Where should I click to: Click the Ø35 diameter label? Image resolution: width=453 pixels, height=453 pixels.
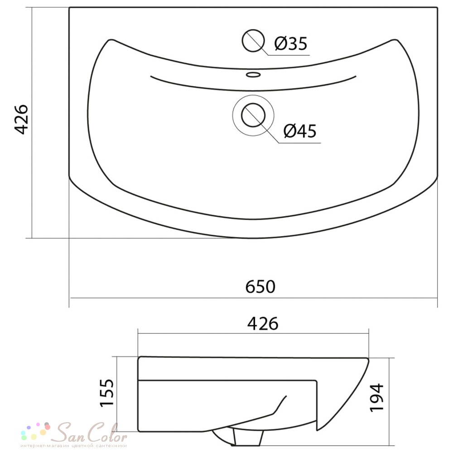pyautogui.click(x=291, y=43)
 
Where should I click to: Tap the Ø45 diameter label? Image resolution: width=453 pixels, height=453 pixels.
pyautogui.click(x=300, y=131)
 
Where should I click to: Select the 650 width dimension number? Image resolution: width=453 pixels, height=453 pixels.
pyautogui.click(x=260, y=287)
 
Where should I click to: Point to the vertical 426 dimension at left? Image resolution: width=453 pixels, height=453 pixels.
pyautogui.click(x=21, y=120)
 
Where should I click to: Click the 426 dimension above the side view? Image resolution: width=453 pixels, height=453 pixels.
pyautogui.click(x=263, y=323)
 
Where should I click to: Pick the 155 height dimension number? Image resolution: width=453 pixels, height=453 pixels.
pyautogui.click(x=107, y=393)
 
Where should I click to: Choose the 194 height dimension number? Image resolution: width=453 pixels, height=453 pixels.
pyautogui.click(x=377, y=397)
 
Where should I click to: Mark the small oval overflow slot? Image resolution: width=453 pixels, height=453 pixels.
pyautogui.click(x=253, y=75)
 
